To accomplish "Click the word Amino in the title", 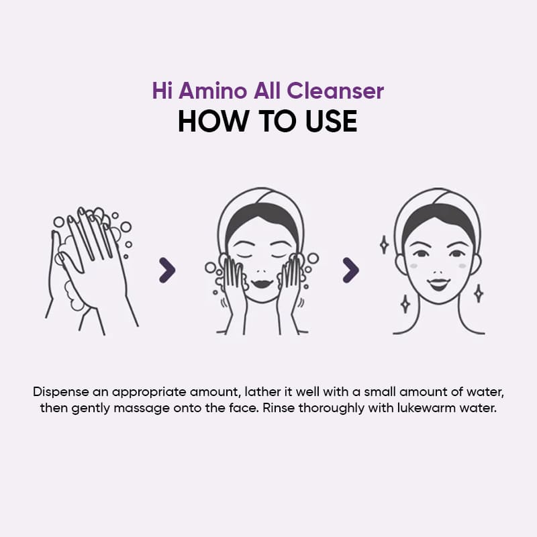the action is (213, 91).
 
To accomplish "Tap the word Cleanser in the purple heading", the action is (335, 91).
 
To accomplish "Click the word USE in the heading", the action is (332, 121).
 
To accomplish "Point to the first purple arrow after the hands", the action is (167, 271).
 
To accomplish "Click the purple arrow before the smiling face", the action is (350, 271).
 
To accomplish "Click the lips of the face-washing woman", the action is (262, 283).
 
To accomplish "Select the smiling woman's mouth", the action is (439, 284).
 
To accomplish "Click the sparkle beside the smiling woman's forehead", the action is (384, 244).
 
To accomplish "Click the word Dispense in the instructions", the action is (60, 392).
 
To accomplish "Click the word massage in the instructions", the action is (142, 409).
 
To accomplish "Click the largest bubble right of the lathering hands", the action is (126, 227).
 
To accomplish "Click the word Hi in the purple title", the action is (162, 91).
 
